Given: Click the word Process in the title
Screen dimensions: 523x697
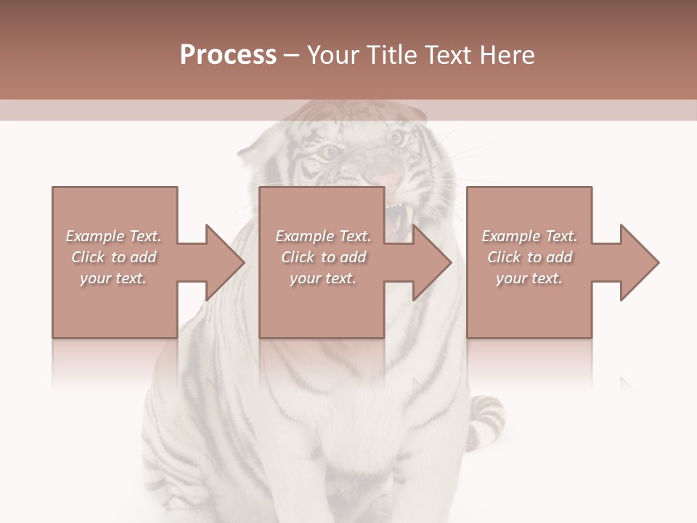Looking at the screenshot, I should coord(228,55).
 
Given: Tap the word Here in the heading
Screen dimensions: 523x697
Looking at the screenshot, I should coord(508,55).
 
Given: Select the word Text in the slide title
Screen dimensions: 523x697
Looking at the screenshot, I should coord(449,55).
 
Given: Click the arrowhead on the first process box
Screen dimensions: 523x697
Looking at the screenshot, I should coord(225,262).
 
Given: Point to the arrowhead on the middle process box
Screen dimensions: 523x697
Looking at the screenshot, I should coord(432,262).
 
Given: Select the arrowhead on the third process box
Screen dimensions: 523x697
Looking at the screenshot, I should coord(640,262).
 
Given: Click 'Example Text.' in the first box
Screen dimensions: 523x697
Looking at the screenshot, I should coord(114,236).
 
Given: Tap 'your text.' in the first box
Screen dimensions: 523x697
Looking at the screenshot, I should coord(114,278).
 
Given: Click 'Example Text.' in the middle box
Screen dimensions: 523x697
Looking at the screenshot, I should coord(323,236).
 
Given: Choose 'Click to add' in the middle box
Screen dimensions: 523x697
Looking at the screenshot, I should coord(323,257).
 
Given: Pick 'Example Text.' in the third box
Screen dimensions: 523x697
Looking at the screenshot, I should coord(529,236).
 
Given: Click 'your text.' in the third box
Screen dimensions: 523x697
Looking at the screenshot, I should coord(529,278).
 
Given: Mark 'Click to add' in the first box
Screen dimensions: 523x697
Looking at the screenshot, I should coord(114,257).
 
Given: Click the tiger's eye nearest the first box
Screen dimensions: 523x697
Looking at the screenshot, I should coord(329,152).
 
